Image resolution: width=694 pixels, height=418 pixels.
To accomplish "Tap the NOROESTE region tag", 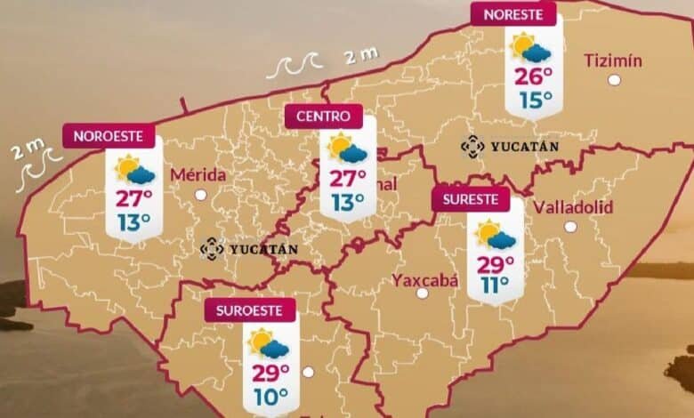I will click(109, 137).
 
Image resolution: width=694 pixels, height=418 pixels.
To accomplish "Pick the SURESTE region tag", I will click(471, 198).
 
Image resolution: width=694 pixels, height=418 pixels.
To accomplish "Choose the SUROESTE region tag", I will click(249, 310).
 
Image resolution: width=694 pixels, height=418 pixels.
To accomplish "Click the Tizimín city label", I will click(613, 60).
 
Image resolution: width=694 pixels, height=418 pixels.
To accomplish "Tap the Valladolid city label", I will click(574, 207).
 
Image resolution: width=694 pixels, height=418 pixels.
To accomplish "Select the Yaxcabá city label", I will click(425, 281).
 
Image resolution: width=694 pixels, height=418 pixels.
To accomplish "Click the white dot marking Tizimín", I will click(614, 80).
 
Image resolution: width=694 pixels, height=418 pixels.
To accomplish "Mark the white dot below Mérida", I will click(200, 194).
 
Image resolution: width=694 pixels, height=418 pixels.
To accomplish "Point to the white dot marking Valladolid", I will click(569, 227).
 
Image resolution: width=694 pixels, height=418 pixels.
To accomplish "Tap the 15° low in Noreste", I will click(535, 100).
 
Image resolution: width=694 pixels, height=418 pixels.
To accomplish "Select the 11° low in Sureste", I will click(496, 285).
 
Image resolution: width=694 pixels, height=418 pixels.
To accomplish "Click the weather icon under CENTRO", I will click(347, 149).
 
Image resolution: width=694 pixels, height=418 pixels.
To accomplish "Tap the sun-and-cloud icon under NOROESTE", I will click(134, 169).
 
